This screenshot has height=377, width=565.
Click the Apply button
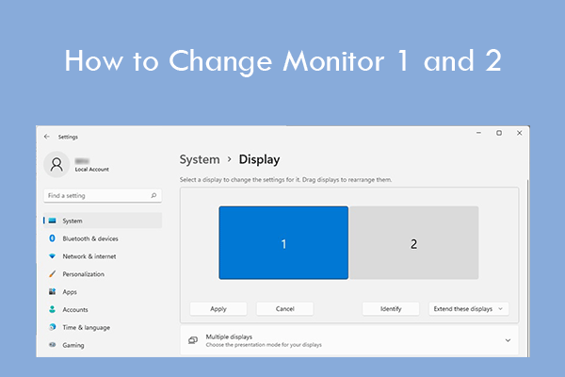[x=218, y=308]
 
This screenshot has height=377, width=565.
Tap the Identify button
[x=391, y=308]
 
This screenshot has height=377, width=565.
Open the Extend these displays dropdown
[x=468, y=308]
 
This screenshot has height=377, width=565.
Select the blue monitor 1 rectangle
[x=283, y=243]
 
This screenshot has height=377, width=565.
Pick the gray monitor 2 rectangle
[x=413, y=243]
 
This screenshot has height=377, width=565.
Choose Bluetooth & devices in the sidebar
[x=90, y=238]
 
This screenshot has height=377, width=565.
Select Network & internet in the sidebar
[x=89, y=256]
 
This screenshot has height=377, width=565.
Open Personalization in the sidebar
[x=83, y=274]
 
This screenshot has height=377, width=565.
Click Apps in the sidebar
[x=70, y=292]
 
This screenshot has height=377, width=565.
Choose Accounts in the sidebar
[x=75, y=309]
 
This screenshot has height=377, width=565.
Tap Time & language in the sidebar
[x=86, y=327]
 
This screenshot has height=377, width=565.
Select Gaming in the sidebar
[x=73, y=345]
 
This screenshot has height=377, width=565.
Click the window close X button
[x=517, y=133]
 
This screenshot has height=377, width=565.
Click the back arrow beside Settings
[x=46, y=136]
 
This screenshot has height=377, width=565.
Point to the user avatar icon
[x=57, y=164]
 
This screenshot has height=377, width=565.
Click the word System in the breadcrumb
[x=200, y=160]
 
